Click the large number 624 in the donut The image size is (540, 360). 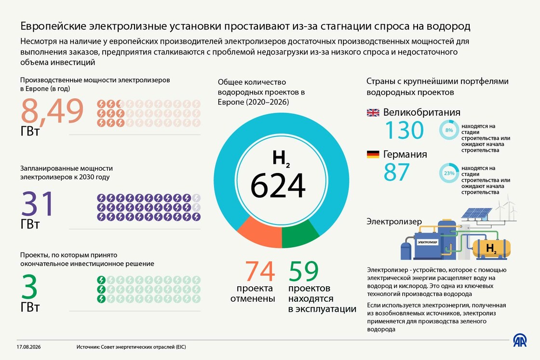point(278,186)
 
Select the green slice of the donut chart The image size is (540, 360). point(299,234)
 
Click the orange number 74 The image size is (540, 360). point(260,271)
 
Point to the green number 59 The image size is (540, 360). point(304,271)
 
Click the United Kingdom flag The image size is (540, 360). point(373,113)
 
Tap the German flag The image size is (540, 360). point(373,154)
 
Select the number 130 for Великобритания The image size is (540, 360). point(405,130)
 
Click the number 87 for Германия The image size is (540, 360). point(397,172)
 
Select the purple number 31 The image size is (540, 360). point(38,203)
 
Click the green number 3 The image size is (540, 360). point(29,287)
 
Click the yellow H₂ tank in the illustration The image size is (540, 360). point(491,248)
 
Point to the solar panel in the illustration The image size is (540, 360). point(477,213)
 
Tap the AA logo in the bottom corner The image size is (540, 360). point(520,340)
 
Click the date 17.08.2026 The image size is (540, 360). point(28,347)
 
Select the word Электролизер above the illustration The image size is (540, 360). point(394,221)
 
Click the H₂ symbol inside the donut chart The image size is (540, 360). point(281,159)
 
